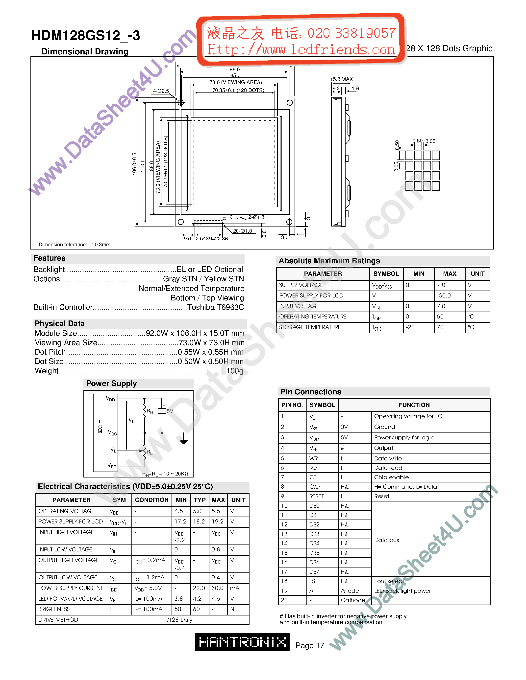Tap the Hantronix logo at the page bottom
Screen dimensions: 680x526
(242, 642)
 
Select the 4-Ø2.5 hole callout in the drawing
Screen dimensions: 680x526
(161, 91)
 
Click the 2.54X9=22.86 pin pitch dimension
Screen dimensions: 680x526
(212, 239)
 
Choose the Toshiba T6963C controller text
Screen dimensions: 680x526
(215, 307)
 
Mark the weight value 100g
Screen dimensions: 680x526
(235, 371)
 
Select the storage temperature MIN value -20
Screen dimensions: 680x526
(410, 327)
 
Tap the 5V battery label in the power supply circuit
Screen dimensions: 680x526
(170, 411)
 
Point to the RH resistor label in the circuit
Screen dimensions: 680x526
(150, 411)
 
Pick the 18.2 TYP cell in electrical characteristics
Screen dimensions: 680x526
(199, 521)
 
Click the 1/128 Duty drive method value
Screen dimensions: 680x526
(178, 620)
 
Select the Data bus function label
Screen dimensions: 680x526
(386, 540)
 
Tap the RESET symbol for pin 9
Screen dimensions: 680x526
(317, 496)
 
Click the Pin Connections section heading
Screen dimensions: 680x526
(310, 392)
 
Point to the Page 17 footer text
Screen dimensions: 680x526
(310, 645)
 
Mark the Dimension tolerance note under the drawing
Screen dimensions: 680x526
(75, 245)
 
